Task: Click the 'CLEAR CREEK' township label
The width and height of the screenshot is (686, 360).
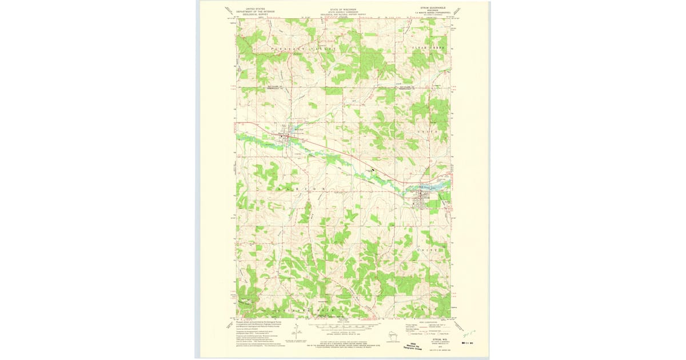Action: click(428, 48)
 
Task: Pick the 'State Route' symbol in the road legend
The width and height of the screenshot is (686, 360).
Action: click(440, 333)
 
